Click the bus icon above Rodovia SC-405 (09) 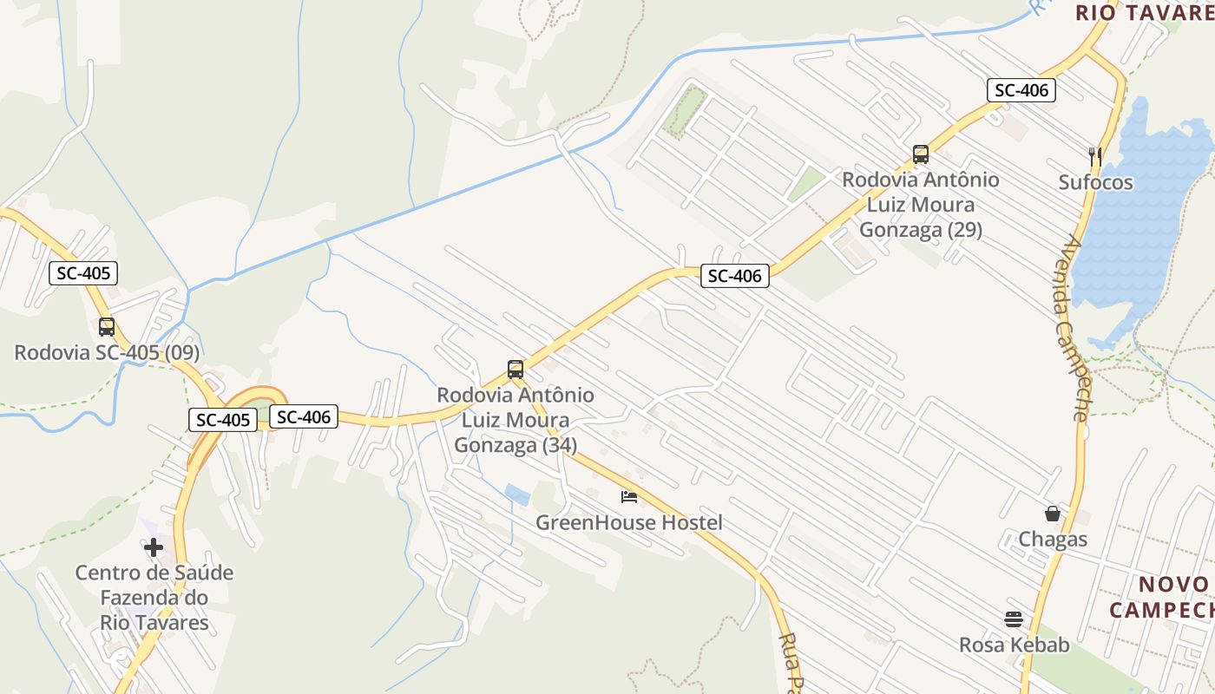pos(107,327)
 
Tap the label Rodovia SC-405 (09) pos(107,353)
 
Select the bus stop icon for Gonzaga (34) pos(516,370)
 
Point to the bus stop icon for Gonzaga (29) pos(921,154)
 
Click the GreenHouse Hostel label pos(628,523)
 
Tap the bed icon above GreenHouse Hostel pos(629,497)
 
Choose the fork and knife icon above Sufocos pos(1095,156)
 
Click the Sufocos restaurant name pos(1095,182)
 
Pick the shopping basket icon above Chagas pos(1053,514)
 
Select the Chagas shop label pos(1053,540)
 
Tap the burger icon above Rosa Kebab pos(1014,619)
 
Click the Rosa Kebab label pos(1014,645)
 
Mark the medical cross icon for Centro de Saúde pos(154,547)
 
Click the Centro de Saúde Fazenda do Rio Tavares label pos(154,598)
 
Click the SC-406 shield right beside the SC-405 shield pos(303,417)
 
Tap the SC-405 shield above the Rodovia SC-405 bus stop pos(83,273)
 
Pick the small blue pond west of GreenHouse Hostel pos(517,495)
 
